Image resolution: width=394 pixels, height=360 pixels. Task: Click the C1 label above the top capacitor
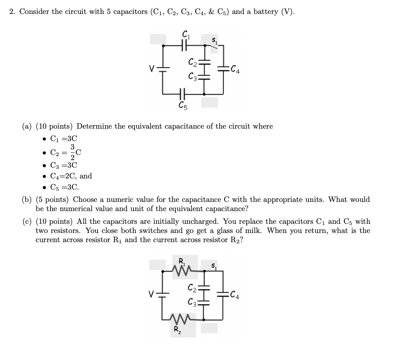[x=185, y=35]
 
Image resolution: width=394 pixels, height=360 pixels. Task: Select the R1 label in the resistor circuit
[x=181, y=262]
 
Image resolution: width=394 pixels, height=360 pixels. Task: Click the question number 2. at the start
[x=13, y=12]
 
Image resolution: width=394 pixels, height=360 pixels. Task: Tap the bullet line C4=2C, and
[x=71, y=176]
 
